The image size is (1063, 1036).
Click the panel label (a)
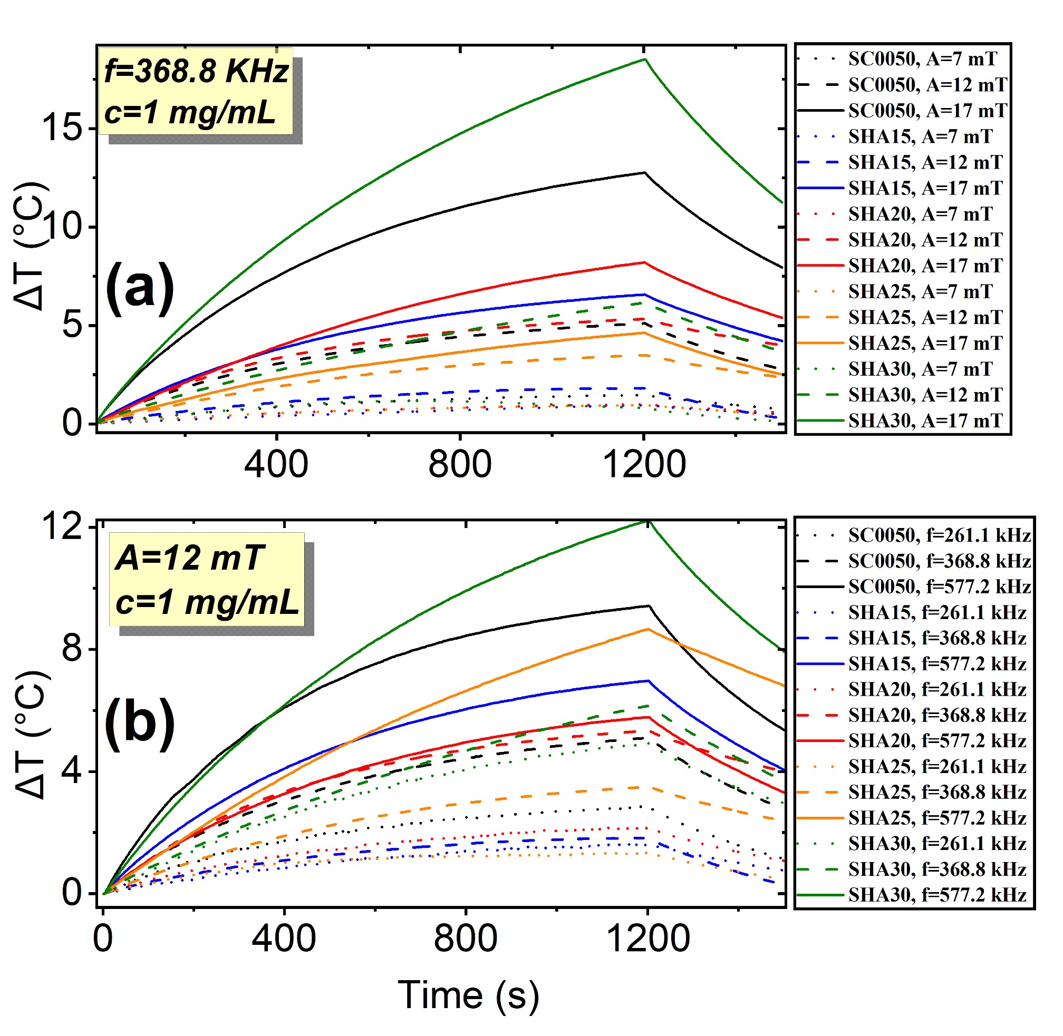[x=140, y=288]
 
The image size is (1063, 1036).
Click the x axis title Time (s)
[x=468, y=995]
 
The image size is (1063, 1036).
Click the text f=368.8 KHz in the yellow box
[x=196, y=71]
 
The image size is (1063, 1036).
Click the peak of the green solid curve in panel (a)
[x=645, y=59]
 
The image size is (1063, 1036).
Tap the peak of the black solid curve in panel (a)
[x=645, y=172]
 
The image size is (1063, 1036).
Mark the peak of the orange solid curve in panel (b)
[x=648, y=629]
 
